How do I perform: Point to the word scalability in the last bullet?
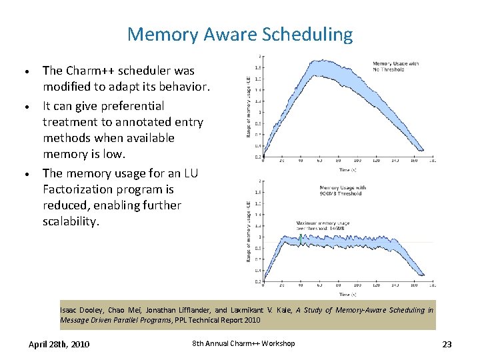coord(70,221)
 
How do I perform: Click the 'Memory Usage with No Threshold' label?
coord(395,66)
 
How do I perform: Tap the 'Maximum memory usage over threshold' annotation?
coord(321,225)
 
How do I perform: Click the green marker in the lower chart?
coord(301,239)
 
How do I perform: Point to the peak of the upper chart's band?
coord(313,61)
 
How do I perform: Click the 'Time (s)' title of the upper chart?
coord(347,169)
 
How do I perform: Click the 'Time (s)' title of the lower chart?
coord(347,294)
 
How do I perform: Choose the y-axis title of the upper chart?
coord(249,107)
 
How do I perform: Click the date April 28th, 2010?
coord(59,344)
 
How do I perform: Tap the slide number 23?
coord(447,344)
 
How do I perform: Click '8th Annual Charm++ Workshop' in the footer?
coord(243,343)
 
